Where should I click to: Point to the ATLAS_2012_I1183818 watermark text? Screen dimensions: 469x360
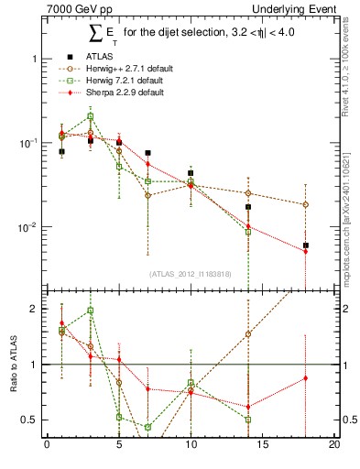click(x=190, y=273)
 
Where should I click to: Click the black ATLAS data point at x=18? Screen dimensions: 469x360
click(x=306, y=245)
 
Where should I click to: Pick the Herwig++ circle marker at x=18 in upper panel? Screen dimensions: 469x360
click(x=306, y=204)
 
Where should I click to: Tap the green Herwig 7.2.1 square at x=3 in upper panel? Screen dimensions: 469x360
click(x=90, y=116)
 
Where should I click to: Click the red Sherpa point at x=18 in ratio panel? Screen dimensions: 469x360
click(x=306, y=378)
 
